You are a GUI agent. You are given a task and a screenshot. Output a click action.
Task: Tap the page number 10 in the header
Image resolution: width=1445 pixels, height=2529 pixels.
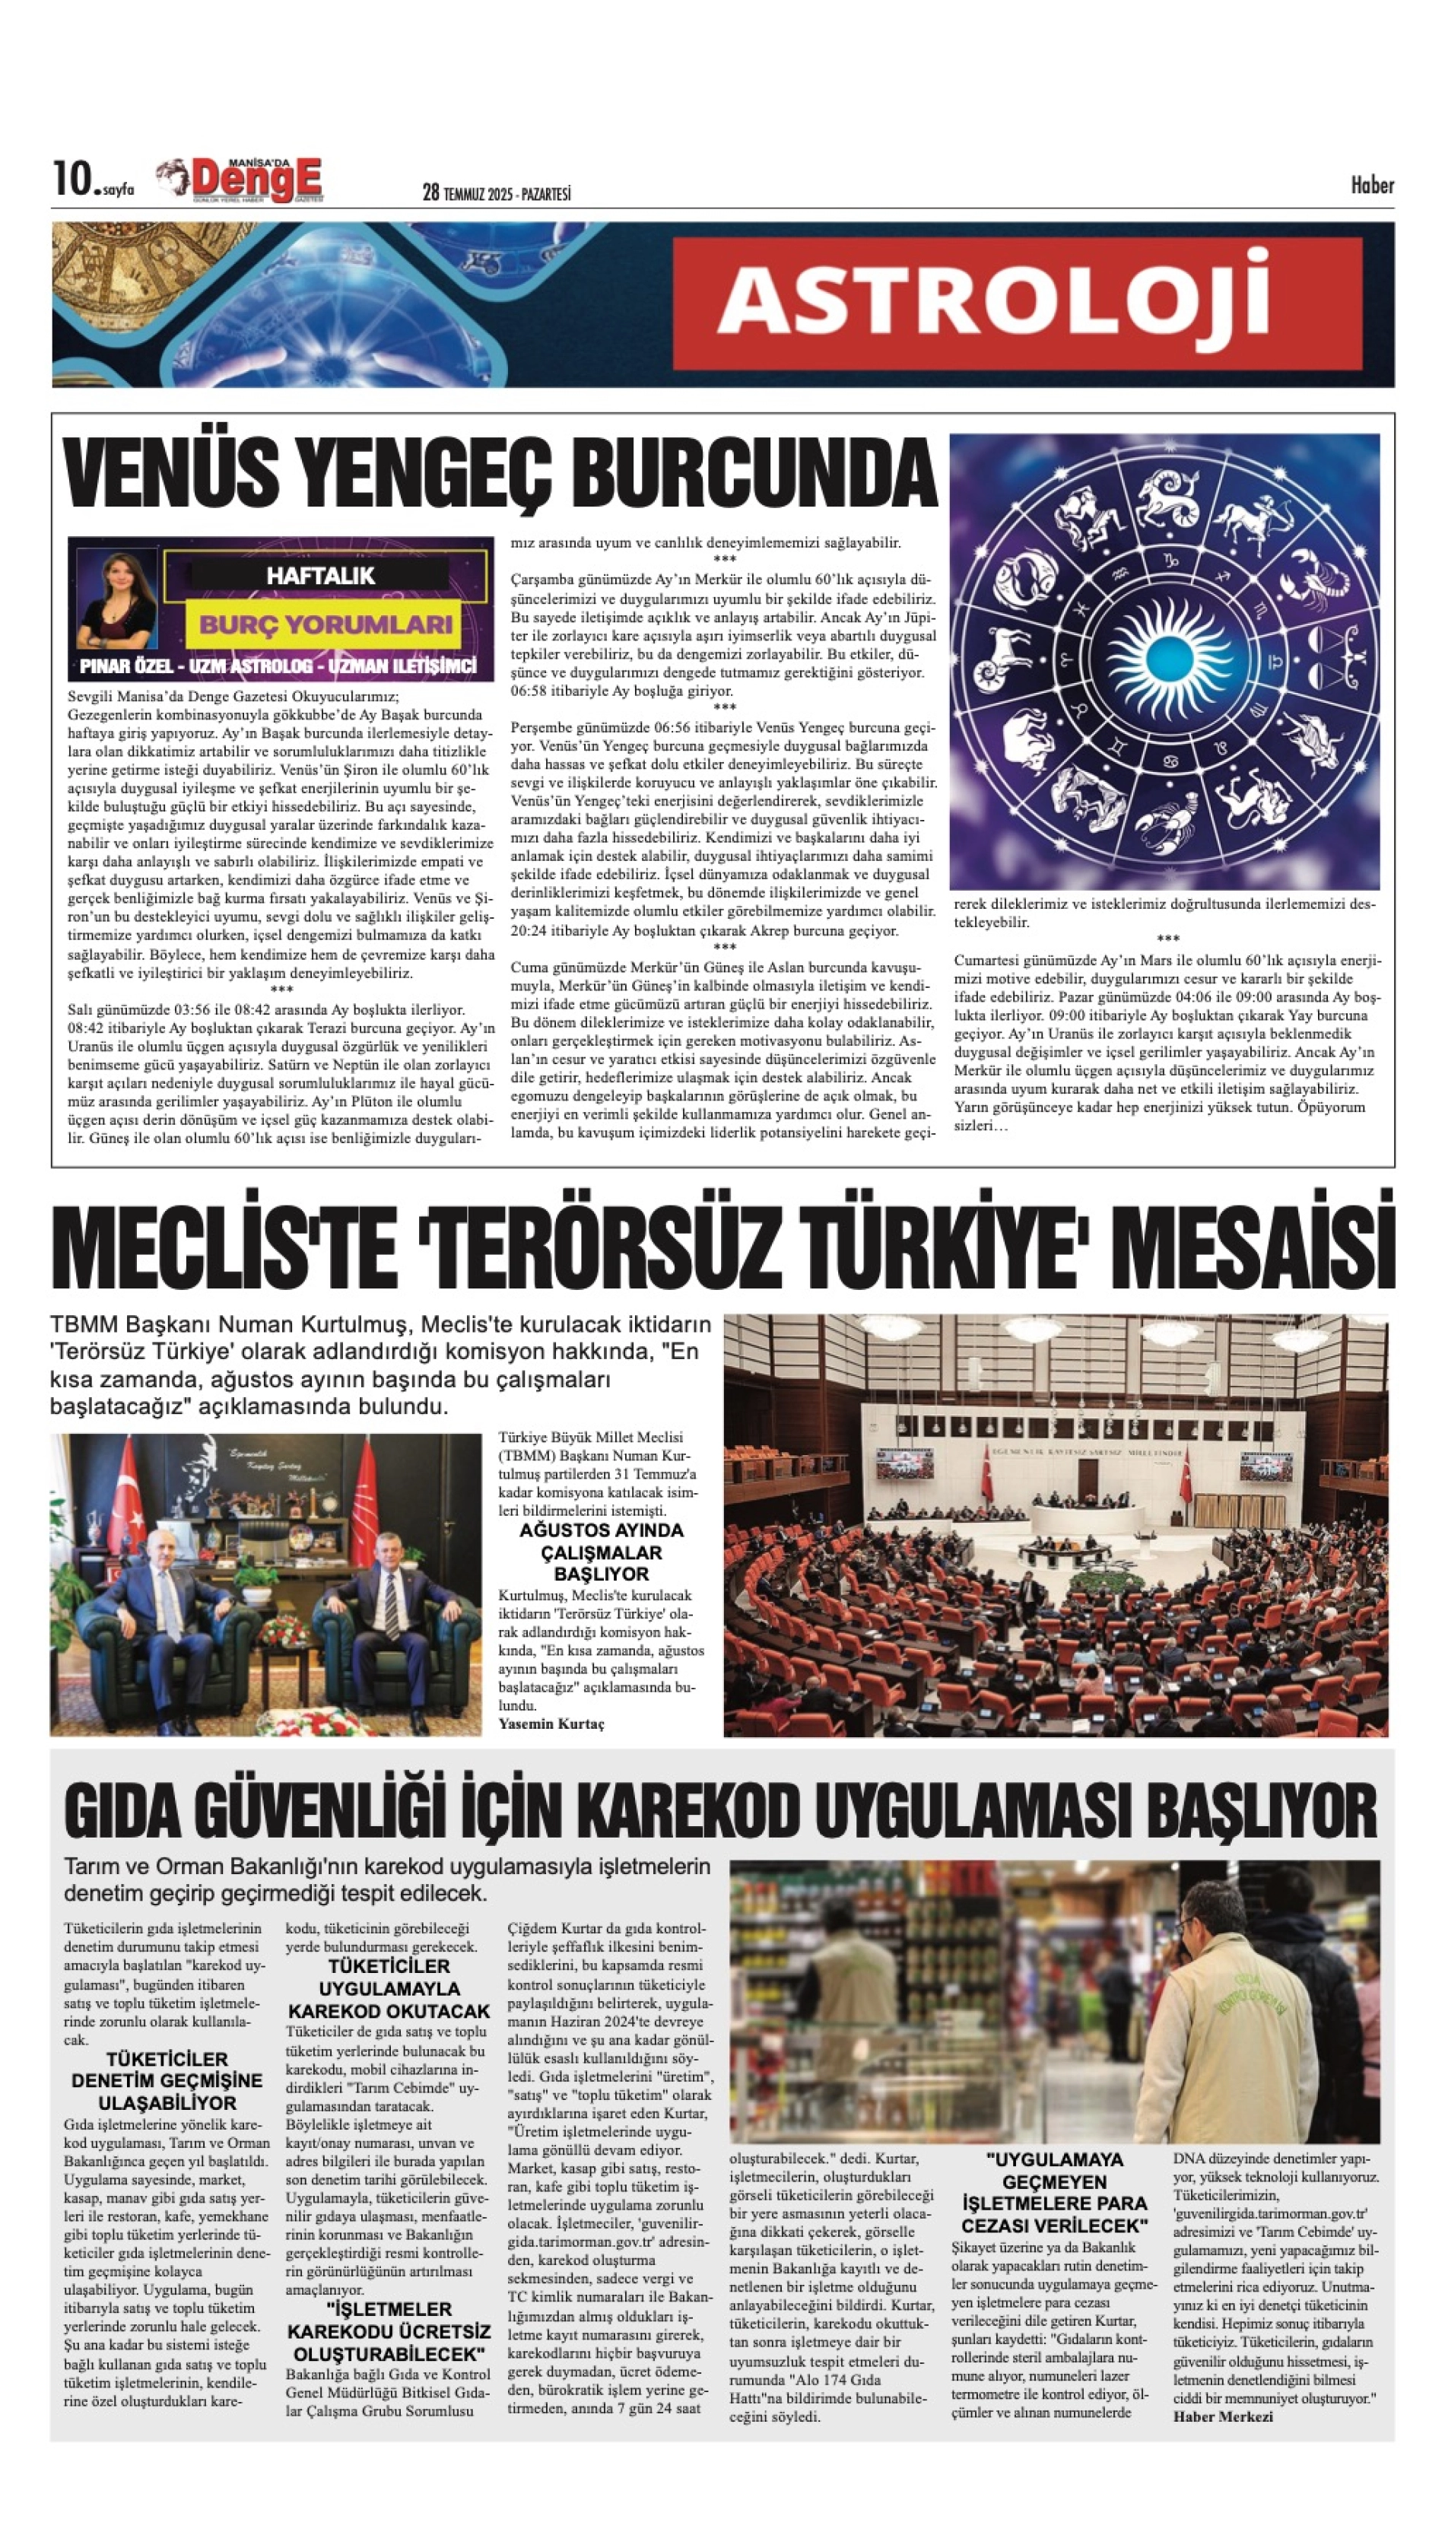(71, 179)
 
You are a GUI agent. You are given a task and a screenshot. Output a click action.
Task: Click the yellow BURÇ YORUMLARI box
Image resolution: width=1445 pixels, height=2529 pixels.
(326, 624)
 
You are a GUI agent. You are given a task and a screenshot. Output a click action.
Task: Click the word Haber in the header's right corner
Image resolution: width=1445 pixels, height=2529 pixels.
(1371, 186)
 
